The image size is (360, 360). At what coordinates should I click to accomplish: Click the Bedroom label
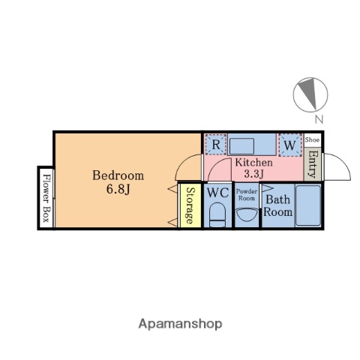(x=118, y=175)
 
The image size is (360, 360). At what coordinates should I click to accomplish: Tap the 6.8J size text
(x=118, y=190)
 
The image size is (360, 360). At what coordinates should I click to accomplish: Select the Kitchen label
(x=253, y=163)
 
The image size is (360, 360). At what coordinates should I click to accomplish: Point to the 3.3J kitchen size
(x=254, y=174)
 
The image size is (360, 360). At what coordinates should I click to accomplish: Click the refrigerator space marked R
(x=216, y=145)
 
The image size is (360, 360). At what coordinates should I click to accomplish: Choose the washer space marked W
(x=290, y=145)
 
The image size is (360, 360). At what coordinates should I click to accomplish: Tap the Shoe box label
(x=312, y=139)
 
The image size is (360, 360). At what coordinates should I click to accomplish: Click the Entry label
(x=313, y=164)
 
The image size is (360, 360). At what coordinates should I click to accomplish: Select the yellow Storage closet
(x=190, y=205)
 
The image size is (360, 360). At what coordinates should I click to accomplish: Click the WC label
(x=218, y=193)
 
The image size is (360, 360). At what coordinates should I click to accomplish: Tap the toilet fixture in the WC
(x=217, y=215)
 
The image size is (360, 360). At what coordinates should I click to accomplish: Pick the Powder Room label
(x=247, y=195)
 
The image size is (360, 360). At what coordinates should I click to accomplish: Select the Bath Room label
(x=277, y=205)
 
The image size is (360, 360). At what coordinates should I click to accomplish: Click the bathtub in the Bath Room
(x=308, y=205)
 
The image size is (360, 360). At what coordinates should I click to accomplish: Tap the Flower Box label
(x=46, y=198)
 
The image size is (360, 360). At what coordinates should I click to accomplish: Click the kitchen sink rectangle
(x=241, y=146)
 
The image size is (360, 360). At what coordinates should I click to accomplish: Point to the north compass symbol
(x=310, y=94)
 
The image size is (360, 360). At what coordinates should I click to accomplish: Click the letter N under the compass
(x=319, y=119)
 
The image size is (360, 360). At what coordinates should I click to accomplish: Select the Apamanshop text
(x=180, y=324)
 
